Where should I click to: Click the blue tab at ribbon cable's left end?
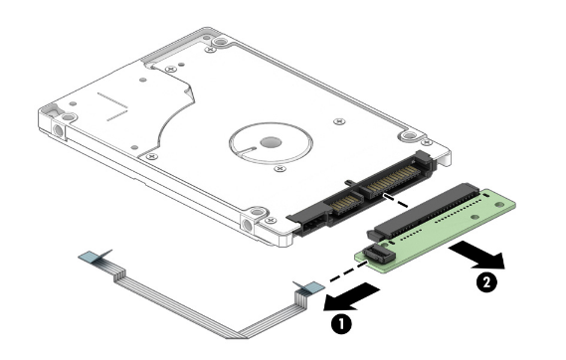pyautogui.click(x=91, y=257)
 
